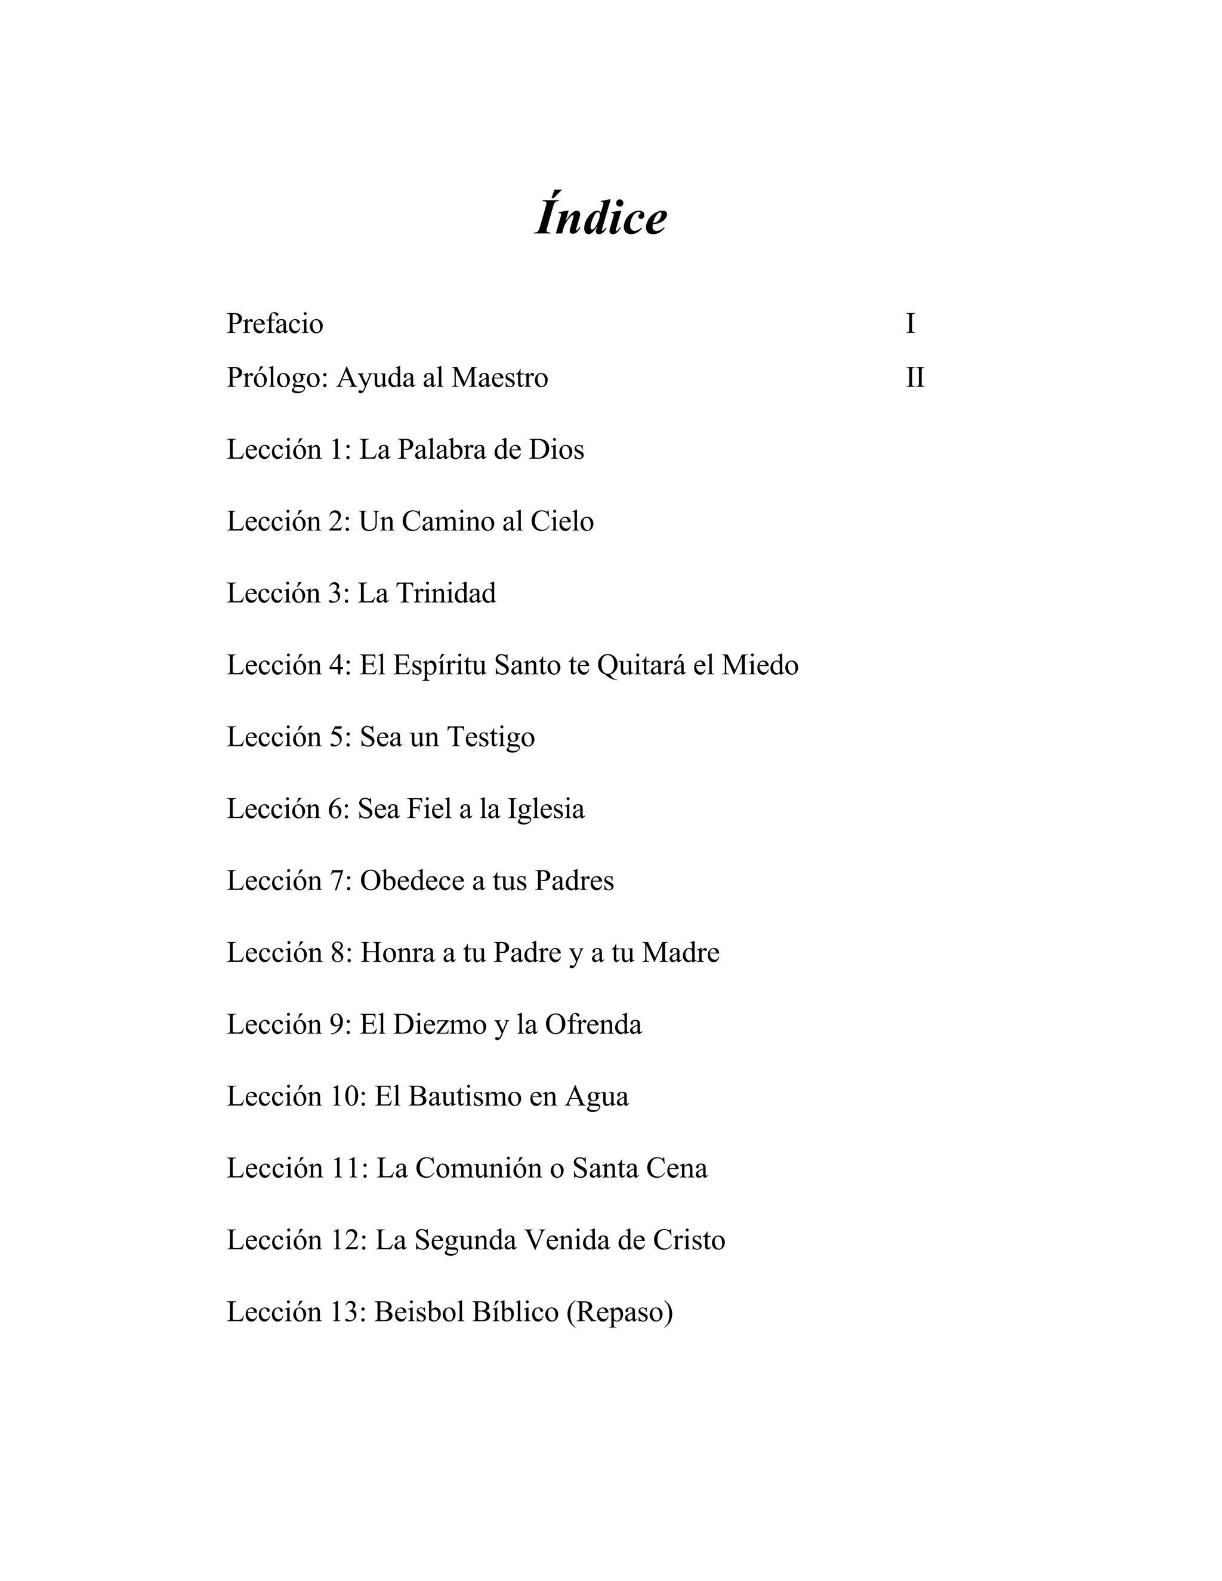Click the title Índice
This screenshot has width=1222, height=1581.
pos(601,217)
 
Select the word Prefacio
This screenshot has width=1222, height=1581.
pos(274,323)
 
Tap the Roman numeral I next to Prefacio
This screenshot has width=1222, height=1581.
pos(911,323)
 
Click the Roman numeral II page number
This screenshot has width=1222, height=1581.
pos(915,378)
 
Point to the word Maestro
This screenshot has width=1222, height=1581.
pos(499,378)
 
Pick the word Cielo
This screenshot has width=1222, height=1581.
pos(561,521)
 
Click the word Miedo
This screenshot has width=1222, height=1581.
pos(760,665)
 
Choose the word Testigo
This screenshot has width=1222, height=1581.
pos(491,737)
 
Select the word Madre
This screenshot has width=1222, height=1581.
pos(680,953)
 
